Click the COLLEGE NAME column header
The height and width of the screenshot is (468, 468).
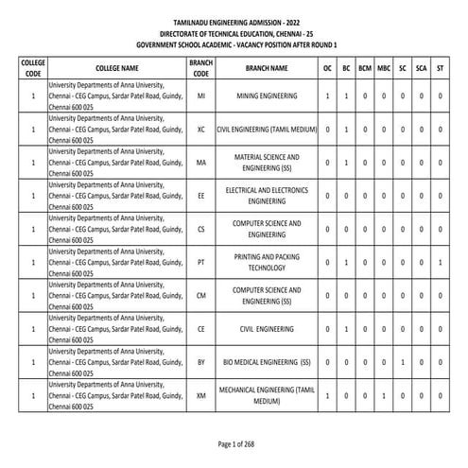(117, 68)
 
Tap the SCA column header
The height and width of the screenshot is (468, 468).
(422, 68)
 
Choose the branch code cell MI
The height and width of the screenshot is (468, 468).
(201, 96)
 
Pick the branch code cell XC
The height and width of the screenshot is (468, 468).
(201, 130)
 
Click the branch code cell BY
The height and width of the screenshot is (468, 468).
(201, 361)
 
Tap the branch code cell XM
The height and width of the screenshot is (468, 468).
(201, 394)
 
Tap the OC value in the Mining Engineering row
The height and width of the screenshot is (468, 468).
(327, 96)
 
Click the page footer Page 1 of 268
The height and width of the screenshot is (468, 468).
(234, 443)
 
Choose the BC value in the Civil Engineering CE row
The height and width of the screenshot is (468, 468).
(346, 328)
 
